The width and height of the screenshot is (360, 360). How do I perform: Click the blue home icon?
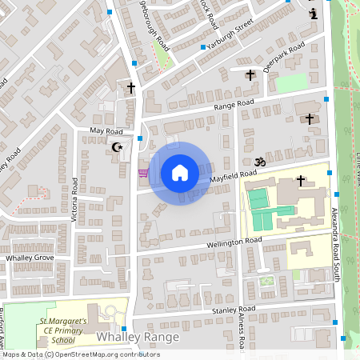tap(180, 173)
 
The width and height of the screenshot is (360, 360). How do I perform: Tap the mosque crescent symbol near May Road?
tap(118, 146)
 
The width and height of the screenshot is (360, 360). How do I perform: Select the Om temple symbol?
tap(259, 162)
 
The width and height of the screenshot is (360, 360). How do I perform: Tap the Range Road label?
tap(234, 106)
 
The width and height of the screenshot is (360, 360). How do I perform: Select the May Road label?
tap(106, 130)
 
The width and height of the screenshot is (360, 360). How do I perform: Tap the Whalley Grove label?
tap(30, 258)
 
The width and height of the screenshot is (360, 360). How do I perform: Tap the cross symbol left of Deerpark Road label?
tap(250, 75)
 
